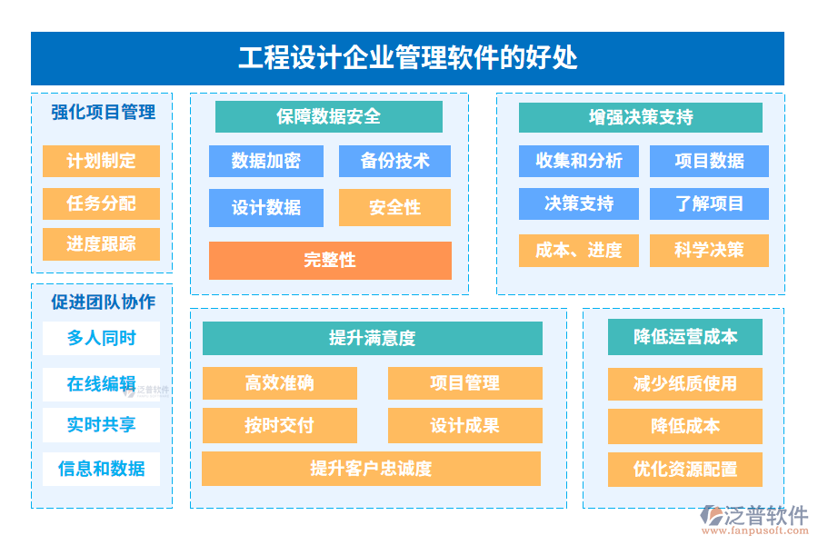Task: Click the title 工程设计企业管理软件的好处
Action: click(407, 59)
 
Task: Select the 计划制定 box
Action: click(101, 161)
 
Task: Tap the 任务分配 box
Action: click(101, 203)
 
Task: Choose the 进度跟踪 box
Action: click(101, 244)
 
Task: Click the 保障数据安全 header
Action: click(328, 116)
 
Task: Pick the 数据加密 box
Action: click(265, 161)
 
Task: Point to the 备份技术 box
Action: click(394, 161)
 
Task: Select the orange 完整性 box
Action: click(330, 260)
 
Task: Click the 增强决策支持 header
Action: click(640, 117)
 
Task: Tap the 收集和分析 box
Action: click(579, 161)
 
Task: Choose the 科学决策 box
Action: click(709, 250)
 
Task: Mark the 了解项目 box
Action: click(709, 203)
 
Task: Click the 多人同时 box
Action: click(101, 338)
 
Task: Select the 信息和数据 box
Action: click(101, 469)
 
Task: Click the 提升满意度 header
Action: click(372, 338)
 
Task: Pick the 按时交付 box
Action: click(279, 425)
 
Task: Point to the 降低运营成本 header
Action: click(684, 337)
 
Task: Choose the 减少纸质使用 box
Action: click(684, 383)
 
